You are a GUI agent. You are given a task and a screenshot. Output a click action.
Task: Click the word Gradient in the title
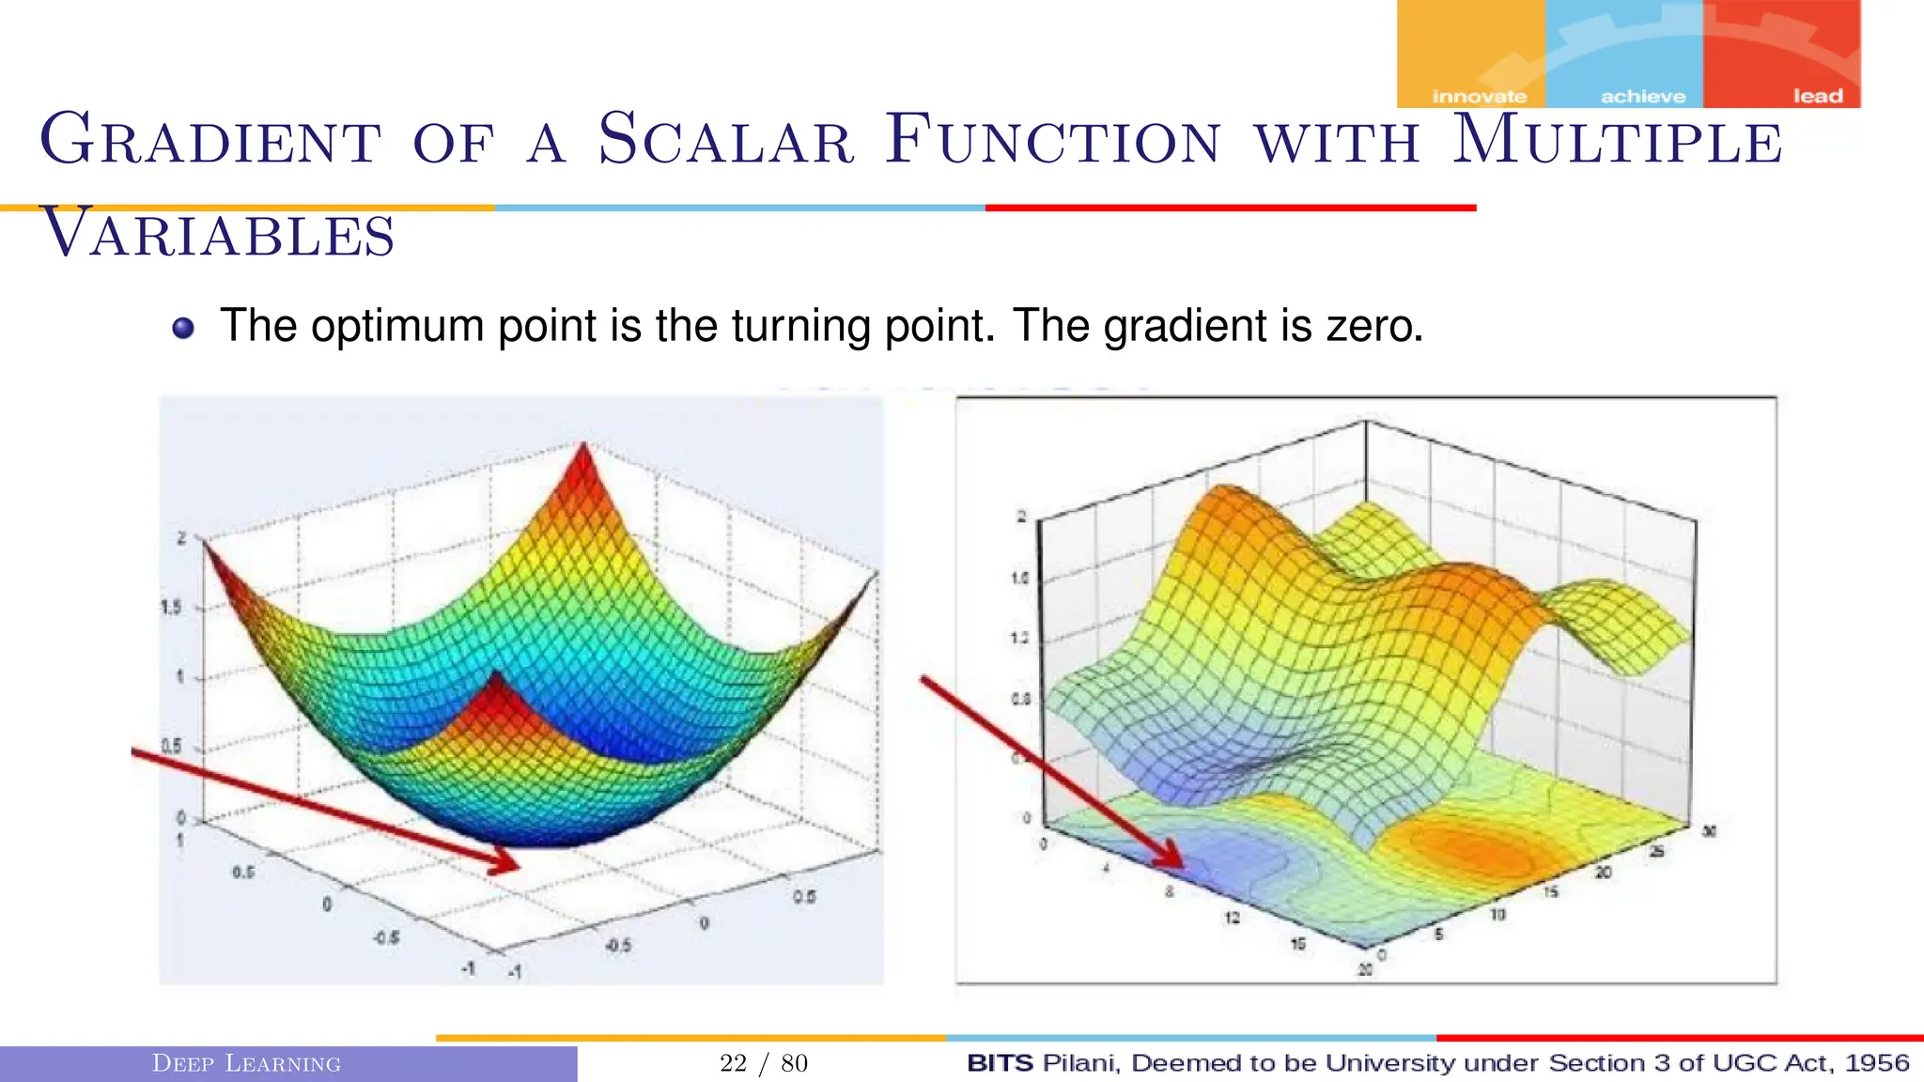point(210,141)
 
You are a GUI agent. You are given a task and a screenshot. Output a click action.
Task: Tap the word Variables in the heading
point(218,234)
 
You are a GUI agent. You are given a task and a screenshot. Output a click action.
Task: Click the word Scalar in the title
point(725,141)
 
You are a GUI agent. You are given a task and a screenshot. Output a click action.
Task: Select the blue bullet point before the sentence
point(183,328)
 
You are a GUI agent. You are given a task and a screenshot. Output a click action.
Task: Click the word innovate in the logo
point(1479,97)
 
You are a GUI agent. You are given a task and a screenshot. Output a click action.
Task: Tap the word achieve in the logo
point(1642,97)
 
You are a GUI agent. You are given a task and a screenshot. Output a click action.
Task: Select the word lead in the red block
point(1817,97)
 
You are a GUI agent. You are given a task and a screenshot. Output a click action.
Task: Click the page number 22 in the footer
point(733,1063)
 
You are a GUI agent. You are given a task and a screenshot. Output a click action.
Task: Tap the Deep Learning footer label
point(246,1063)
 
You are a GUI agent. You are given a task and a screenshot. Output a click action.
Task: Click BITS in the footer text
point(999,1063)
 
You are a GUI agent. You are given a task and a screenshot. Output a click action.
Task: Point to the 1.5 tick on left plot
point(171,608)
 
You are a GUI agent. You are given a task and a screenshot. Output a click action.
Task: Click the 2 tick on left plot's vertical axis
point(181,538)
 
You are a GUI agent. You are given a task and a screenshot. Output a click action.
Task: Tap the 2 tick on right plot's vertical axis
point(1021,517)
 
